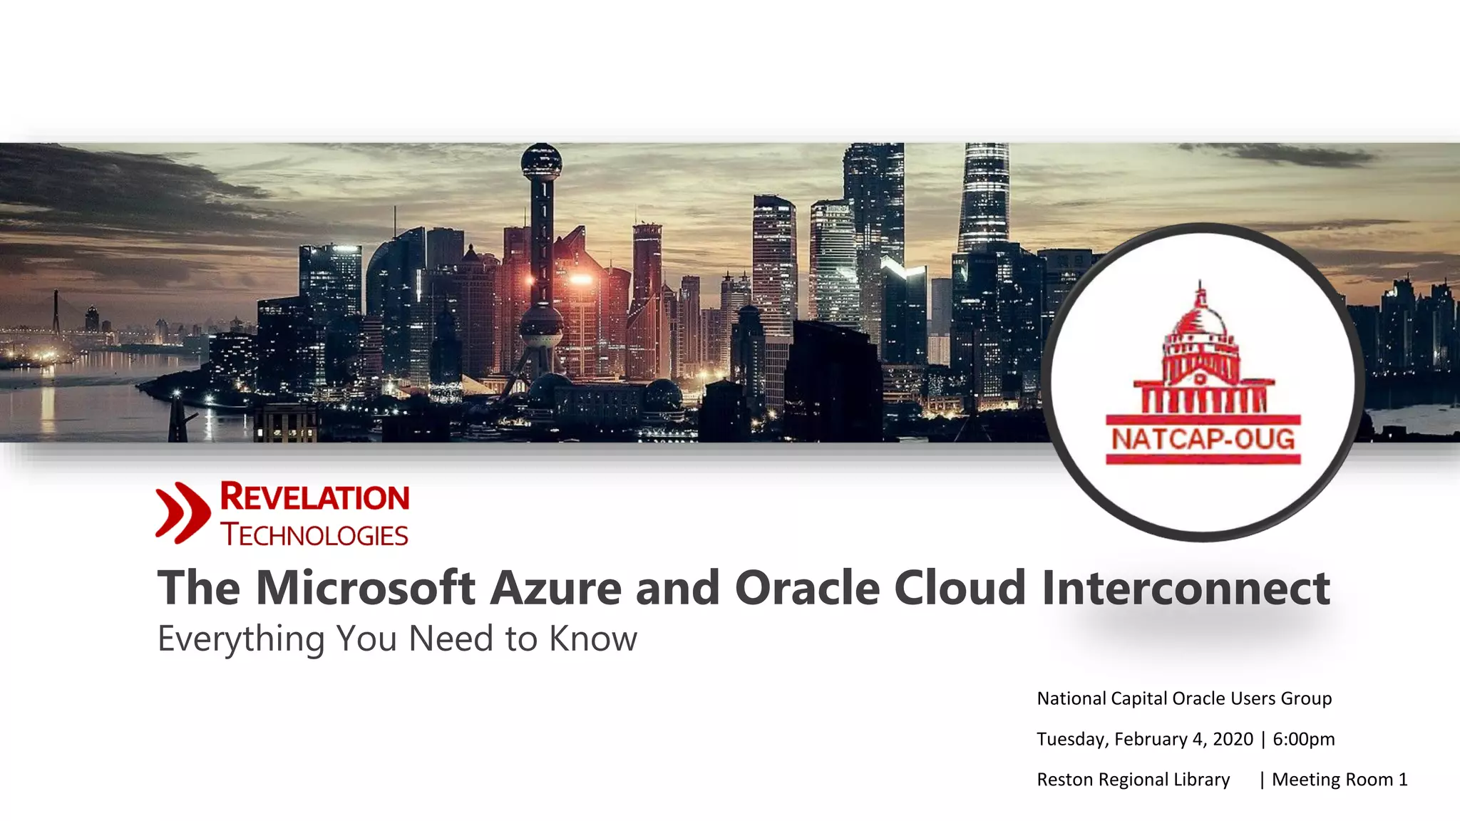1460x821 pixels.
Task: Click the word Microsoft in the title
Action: pyautogui.click(x=365, y=588)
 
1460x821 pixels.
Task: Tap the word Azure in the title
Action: pyautogui.click(x=555, y=588)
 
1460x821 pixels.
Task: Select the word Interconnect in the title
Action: pyautogui.click(x=1185, y=588)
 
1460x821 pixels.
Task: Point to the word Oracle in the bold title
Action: pyautogui.click(x=807, y=588)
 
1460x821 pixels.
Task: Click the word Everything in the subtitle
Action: pyautogui.click(x=241, y=639)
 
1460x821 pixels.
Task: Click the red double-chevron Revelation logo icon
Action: pyautogui.click(x=182, y=512)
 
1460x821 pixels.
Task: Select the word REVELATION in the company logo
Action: pyautogui.click(x=314, y=497)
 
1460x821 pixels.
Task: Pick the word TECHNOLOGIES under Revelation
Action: pyautogui.click(x=314, y=535)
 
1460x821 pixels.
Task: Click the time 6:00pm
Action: pyautogui.click(x=1304, y=739)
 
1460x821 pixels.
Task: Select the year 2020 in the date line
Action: pyautogui.click(x=1233, y=739)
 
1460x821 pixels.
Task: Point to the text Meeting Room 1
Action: pyautogui.click(x=1340, y=780)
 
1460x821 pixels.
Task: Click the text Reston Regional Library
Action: pyautogui.click(x=1133, y=780)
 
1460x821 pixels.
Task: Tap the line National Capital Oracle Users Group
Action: pyautogui.click(x=1183, y=698)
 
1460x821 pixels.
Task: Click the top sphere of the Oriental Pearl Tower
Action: pyautogui.click(x=541, y=162)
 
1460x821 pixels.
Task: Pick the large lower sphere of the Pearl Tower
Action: pyautogui.click(x=541, y=328)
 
